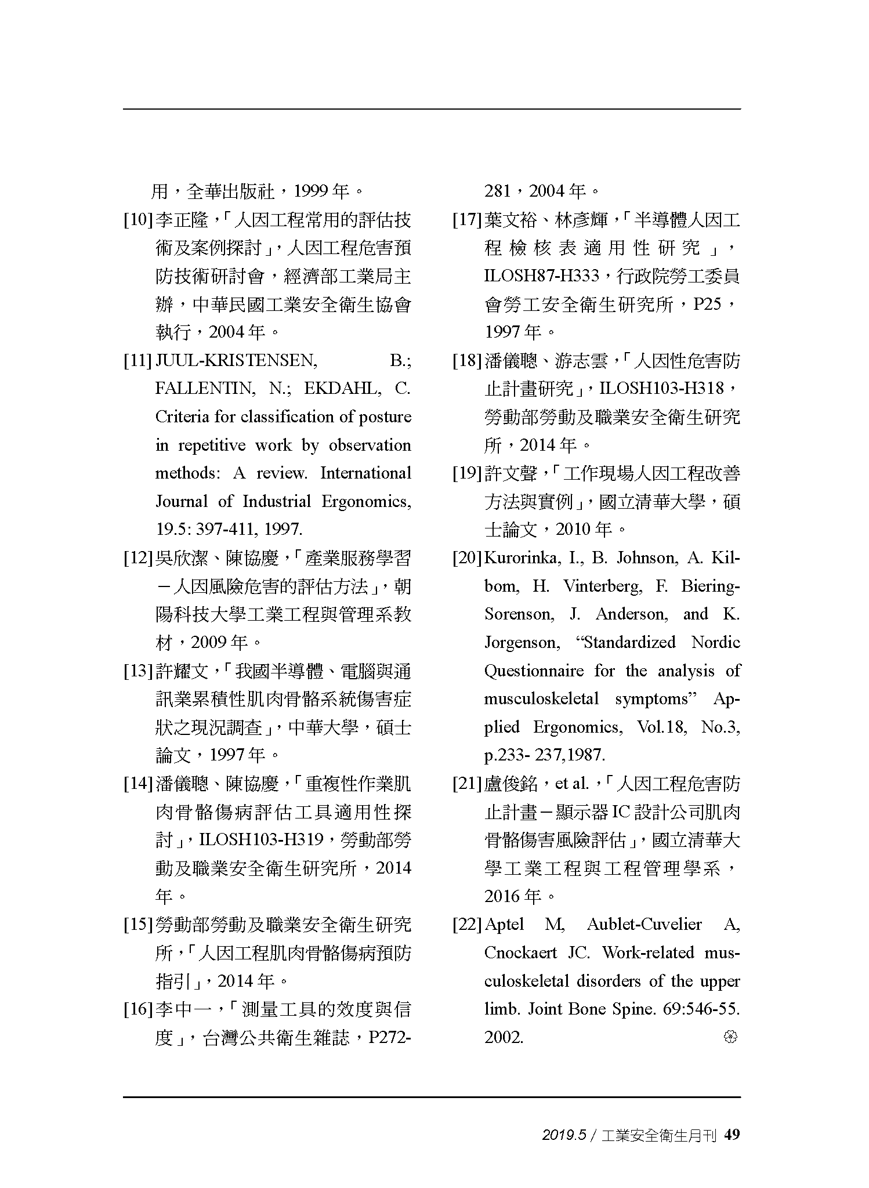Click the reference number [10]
(x=138, y=220)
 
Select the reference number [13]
(x=138, y=672)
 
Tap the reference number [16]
(x=138, y=1010)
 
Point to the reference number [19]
(x=468, y=474)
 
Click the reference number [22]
(x=468, y=925)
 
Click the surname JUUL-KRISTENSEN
(x=237, y=361)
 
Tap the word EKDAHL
(x=342, y=389)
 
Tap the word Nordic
(x=715, y=643)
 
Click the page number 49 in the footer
(x=733, y=1135)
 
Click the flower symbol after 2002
(x=730, y=1037)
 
